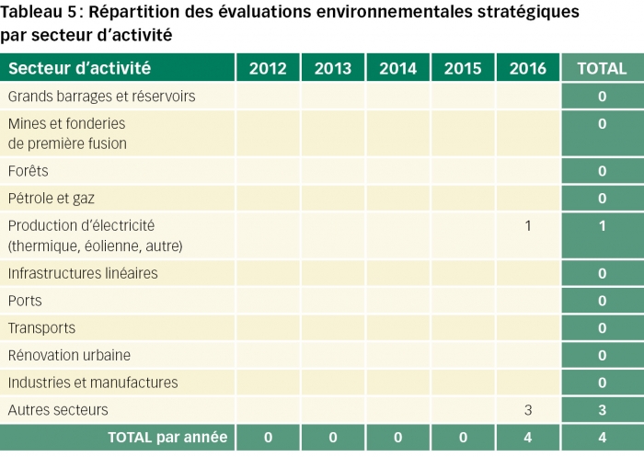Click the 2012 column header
tap(268, 69)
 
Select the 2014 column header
tap(397, 69)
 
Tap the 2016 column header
tap(527, 69)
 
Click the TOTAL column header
tap(602, 69)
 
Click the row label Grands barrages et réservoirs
tap(101, 97)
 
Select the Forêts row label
tap(29, 171)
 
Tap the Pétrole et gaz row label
tap(52, 199)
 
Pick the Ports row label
tap(25, 301)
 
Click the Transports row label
tap(41, 328)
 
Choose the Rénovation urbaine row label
tap(69, 355)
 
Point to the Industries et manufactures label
tap(93, 383)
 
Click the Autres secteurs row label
tap(58, 410)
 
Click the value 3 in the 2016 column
tap(528, 410)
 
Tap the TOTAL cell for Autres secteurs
tap(602, 410)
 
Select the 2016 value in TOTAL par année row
tap(528, 438)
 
